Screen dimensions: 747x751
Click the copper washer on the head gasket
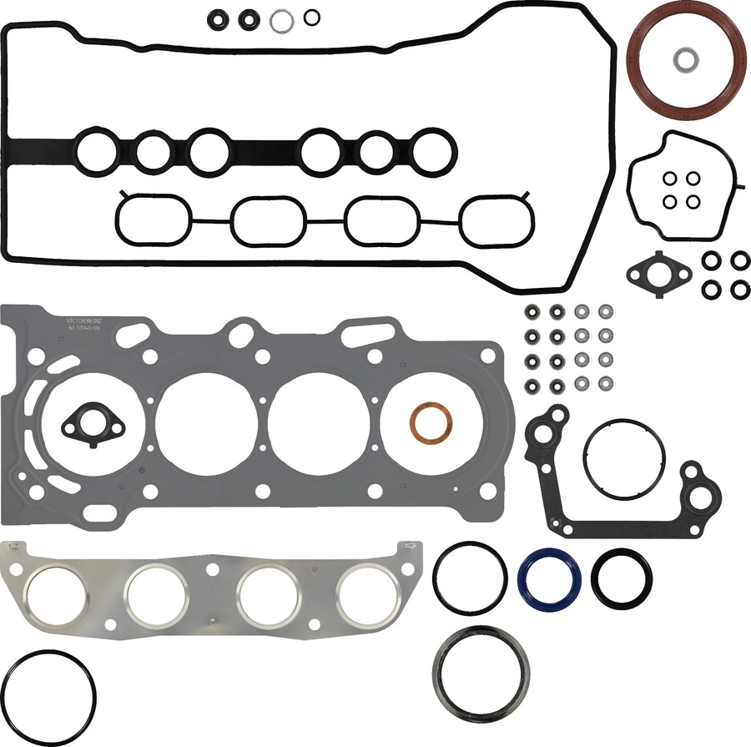click(428, 423)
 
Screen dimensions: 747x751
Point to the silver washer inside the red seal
click(686, 59)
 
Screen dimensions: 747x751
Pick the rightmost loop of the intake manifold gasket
click(498, 221)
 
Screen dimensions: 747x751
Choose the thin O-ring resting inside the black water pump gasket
click(625, 460)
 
